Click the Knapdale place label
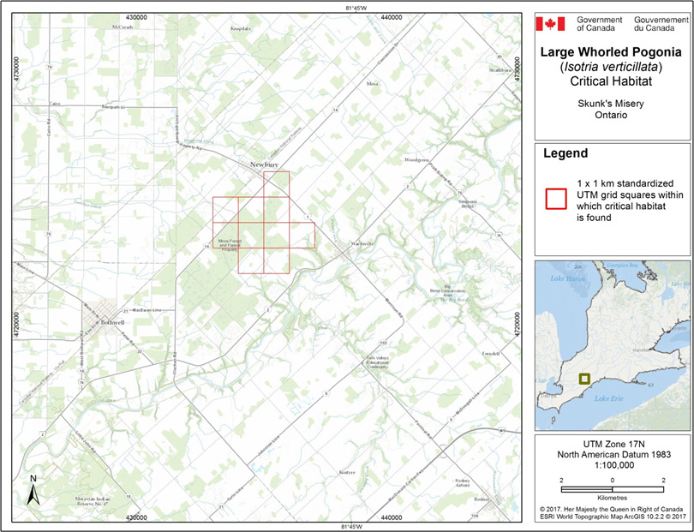point(242,28)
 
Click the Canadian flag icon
point(551,23)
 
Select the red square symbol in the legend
point(555,198)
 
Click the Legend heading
point(565,153)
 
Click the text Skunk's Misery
point(613,103)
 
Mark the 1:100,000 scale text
point(613,465)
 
